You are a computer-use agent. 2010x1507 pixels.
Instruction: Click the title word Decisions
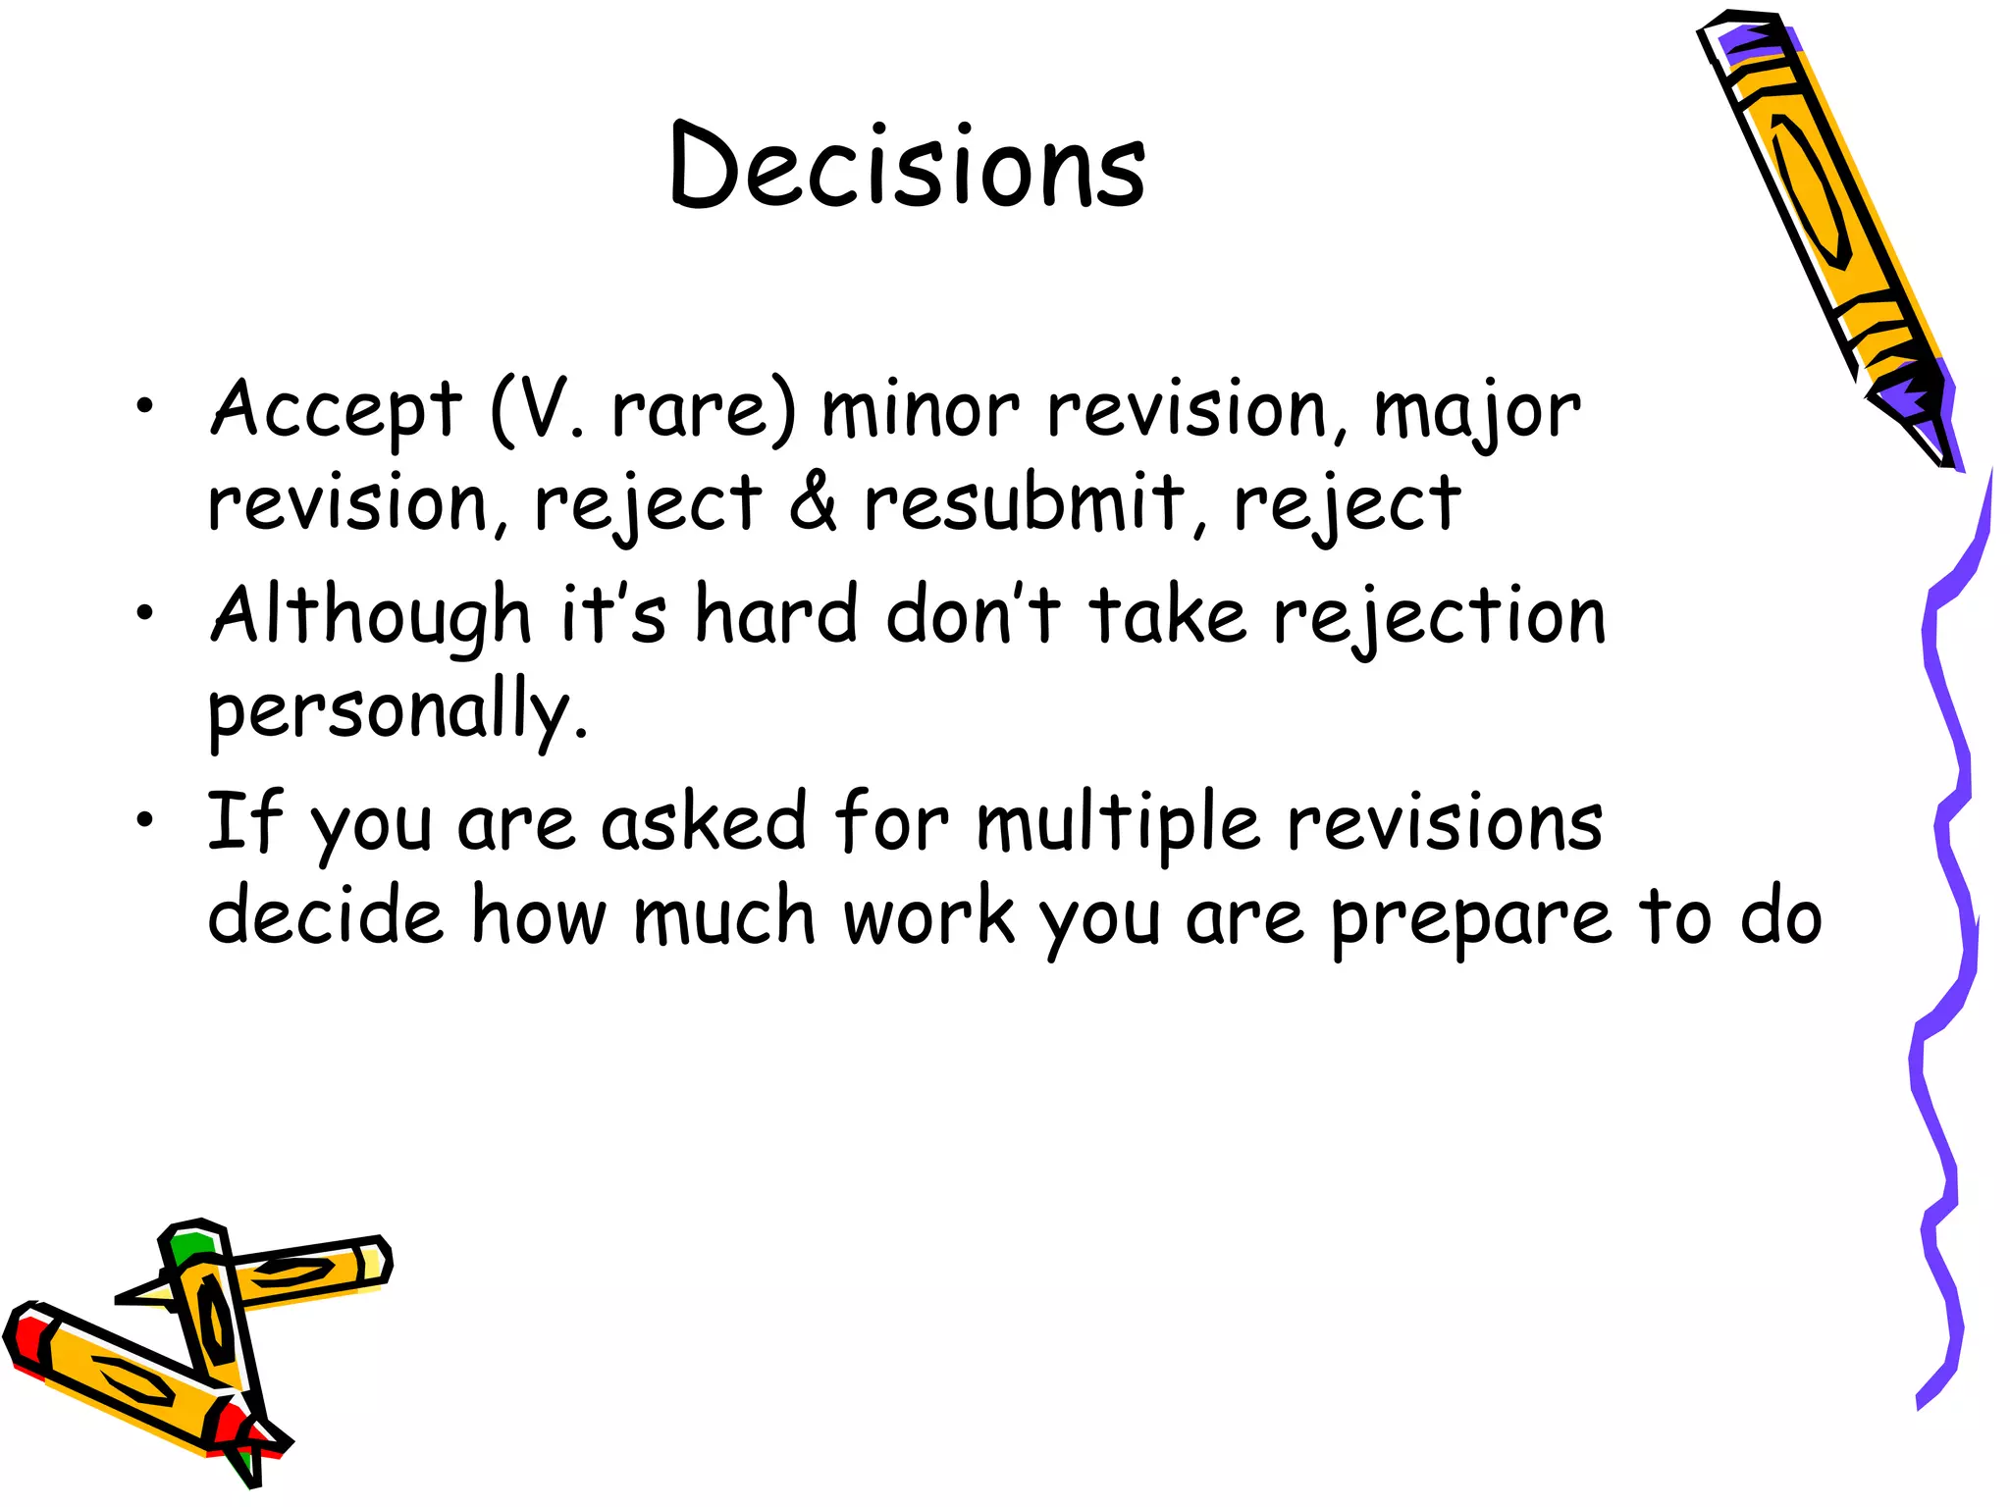point(907,167)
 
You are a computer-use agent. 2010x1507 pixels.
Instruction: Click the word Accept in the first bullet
point(336,410)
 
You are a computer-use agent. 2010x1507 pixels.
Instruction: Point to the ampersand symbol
point(813,502)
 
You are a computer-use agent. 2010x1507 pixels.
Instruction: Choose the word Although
point(371,616)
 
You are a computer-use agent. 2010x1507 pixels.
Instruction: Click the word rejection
point(1439,616)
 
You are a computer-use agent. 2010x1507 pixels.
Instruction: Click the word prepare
point(1470,918)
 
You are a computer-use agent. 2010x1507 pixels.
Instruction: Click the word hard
point(775,616)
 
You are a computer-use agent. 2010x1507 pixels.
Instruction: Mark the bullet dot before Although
point(145,613)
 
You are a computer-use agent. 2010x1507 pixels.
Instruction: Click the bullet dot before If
point(145,819)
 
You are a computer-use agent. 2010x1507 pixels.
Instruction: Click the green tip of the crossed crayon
point(189,1248)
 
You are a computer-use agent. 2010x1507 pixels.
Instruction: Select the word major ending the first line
point(1476,412)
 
